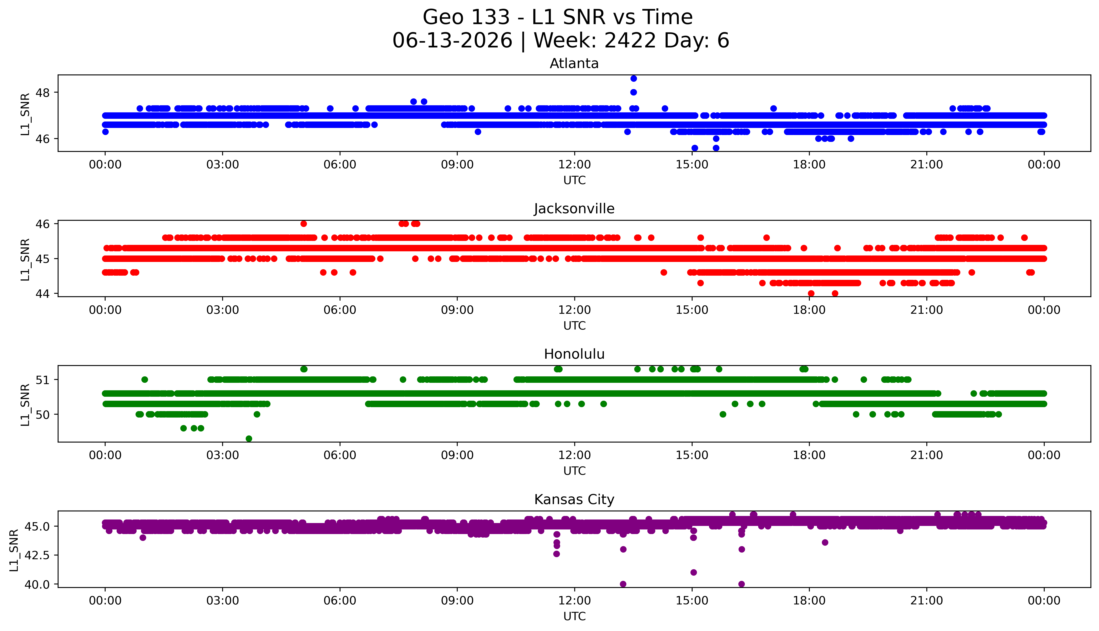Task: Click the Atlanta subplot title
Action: tap(574, 64)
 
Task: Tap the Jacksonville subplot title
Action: tap(574, 209)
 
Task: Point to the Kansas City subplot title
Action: tap(574, 500)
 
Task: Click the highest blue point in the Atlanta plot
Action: tap(634, 78)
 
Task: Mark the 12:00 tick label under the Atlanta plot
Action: tap(575, 165)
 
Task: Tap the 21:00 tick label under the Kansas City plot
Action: tap(927, 601)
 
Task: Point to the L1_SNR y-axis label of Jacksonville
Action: tap(25, 259)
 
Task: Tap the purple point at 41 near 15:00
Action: tap(694, 573)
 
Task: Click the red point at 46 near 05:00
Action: tap(304, 224)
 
